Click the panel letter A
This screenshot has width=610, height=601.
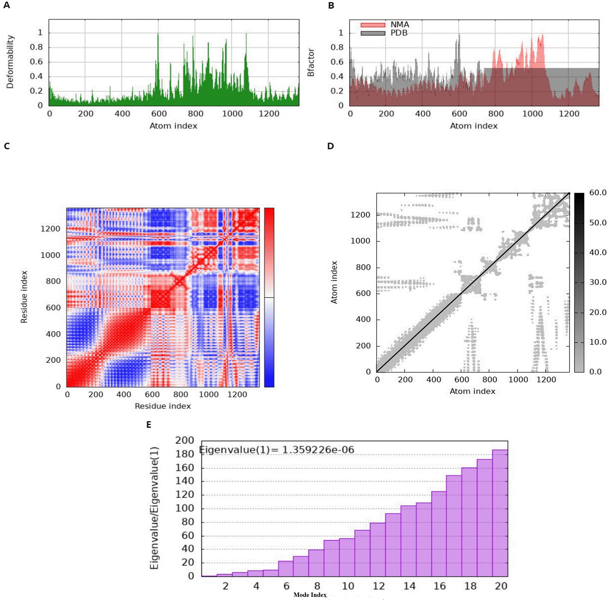coord(6,5)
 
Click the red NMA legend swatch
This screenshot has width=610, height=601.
coord(373,25)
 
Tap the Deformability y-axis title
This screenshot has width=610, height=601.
coord(10,62)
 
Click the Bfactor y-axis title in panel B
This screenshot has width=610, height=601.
coord(311,63)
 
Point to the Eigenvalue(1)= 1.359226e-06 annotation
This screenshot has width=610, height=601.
coord(277,450)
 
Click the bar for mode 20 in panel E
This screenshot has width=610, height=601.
coord(500,513)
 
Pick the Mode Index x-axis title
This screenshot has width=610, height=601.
coord(310,595)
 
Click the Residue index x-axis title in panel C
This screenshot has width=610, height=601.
coord(163,406)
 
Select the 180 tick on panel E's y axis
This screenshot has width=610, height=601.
coord(184,454)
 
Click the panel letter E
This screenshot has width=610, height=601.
coord(149,425)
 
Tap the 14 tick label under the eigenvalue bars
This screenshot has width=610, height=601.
coord(409,586)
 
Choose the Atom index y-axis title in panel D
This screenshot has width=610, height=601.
coord(334,282)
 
